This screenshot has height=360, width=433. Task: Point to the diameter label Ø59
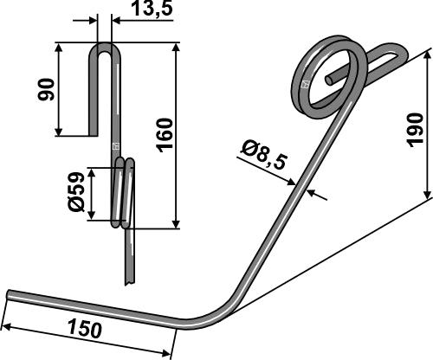click(75, 191)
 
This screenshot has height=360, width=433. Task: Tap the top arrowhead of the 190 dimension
click(428, 55)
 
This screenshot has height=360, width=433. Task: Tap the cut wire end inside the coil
click(330, 80)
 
